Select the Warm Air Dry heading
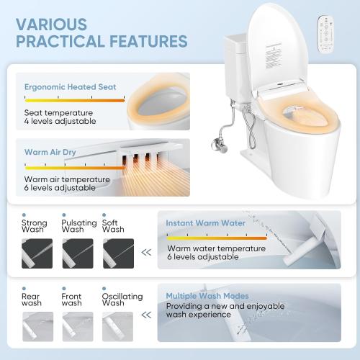pos(51,153)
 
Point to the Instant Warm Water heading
pos(205,223)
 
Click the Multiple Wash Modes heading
pos(207,296)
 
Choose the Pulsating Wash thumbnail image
pos(77,253)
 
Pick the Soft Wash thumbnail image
pos(118,253)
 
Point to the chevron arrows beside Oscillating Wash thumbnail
pos(147,315)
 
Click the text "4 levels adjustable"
pos(58,122)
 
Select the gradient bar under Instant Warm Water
pos(215,235)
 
